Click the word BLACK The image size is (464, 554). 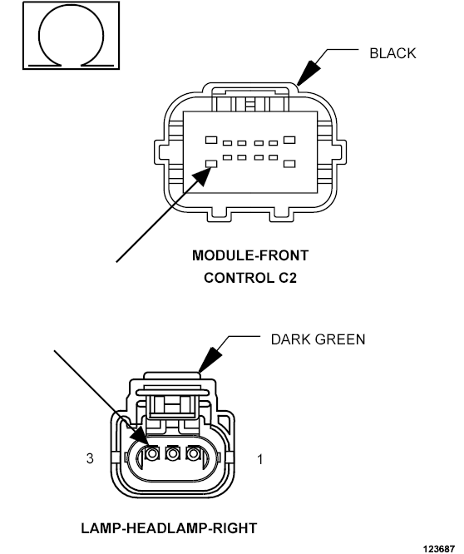click(x=392, y=53)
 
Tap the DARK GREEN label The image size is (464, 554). click(x=318, y=339)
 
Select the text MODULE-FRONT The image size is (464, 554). click(x=250, y=255)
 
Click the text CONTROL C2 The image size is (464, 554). click(x=250, y=278)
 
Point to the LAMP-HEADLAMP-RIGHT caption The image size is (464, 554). click(x=169, y=528)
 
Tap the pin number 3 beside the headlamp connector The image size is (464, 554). click(x=90, y=458)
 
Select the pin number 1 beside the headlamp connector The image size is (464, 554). click(x=260, y=459)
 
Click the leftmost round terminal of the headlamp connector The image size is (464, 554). click(x=152, y=453)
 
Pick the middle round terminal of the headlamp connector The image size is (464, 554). click(x=172, y=453)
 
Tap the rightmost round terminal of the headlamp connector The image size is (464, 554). click(x=193, y=453)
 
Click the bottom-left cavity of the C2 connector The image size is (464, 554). click(x=211, y=164)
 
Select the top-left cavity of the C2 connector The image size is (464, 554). click(x=211, y=140)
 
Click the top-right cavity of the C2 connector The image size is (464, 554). click(x=289, y=140)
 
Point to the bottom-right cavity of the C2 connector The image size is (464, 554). click(x=289, y=164)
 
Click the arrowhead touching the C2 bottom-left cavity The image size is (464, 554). click(x=203, y=176)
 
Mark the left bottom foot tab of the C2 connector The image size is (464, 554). click(x=218, y=216)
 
